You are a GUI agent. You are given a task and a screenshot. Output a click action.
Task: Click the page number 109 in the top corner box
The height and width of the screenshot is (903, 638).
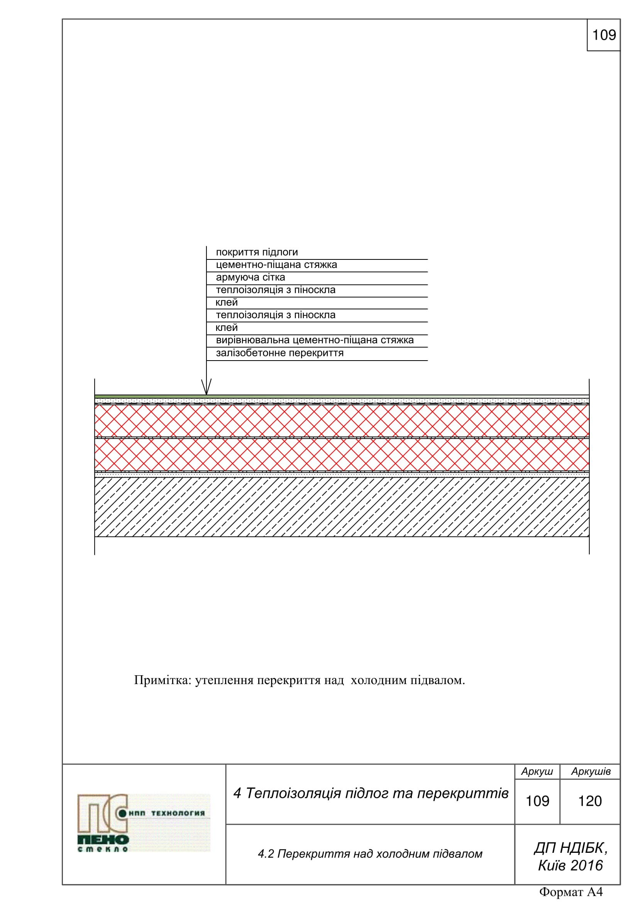pos(604,35)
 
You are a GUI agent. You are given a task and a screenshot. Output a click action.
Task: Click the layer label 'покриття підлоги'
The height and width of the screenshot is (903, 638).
pos(257,252)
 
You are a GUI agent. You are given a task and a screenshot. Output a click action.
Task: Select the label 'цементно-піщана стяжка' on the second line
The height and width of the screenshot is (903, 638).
pos(276,265)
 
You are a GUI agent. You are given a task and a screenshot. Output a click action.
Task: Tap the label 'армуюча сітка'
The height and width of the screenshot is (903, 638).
pos(250,277)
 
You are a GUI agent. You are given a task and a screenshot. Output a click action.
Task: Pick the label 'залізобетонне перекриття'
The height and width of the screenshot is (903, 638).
pos(279,353)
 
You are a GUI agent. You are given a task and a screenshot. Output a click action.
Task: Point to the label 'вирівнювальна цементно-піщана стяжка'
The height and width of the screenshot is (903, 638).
pos(315,340)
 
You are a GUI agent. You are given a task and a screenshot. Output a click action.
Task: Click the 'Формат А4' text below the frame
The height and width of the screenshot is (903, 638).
pos(571,891)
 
